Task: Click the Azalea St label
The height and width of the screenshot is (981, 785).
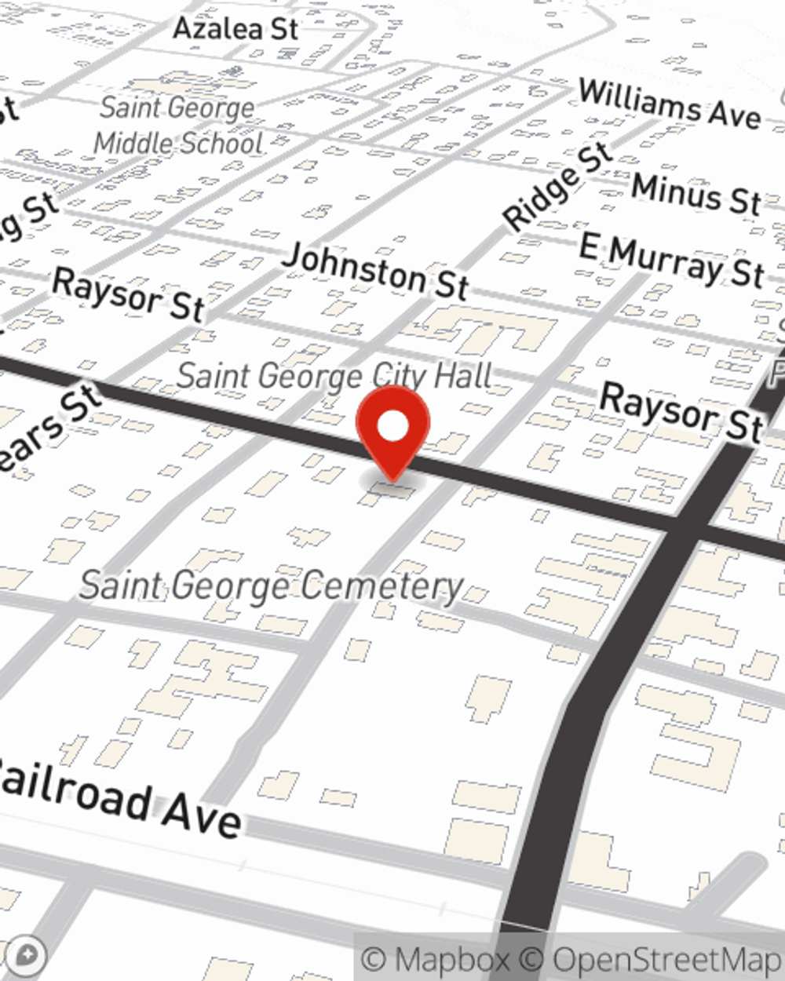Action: (x=235, y=29)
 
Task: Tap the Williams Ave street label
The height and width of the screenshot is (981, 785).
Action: (x=670, y=104)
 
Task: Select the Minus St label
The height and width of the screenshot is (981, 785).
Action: (x=696, y=193)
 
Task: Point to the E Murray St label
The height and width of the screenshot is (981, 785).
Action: (x=671, y=261)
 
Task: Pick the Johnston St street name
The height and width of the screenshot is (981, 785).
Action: (x=375, y=272)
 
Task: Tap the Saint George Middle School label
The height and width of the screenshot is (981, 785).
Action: (x=178, y=126)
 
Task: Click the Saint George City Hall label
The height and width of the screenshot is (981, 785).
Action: (x=334, y=376)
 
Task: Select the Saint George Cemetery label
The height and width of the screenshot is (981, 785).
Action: (x=272, y=586)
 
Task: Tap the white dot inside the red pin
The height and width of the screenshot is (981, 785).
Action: (x=392, y=426)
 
